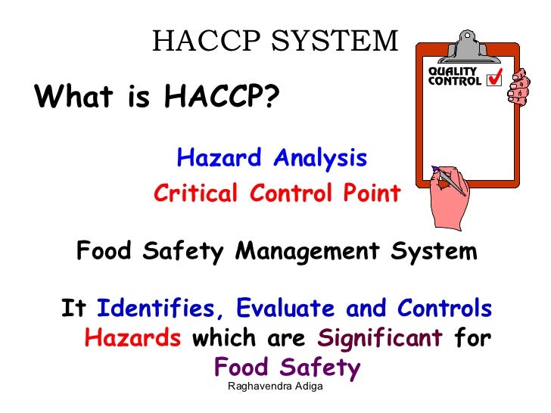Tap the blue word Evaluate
287,309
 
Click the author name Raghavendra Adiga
275,387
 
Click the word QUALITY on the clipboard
453,72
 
